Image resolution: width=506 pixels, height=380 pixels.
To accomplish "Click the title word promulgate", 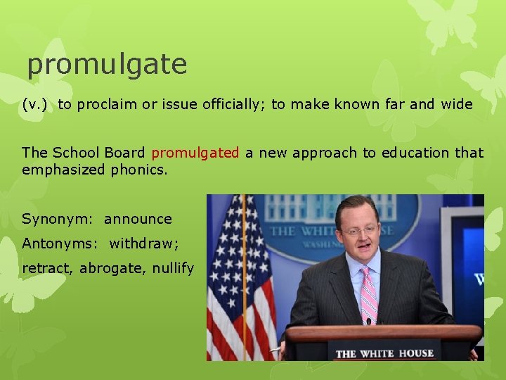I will click(x=107, y=65).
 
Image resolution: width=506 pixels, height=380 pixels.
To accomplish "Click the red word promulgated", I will click(x=195, y=153).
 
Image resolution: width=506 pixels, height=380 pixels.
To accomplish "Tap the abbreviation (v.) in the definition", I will click(x=34, y=105).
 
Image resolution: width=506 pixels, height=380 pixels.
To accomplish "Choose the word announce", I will click(x=138, y=219).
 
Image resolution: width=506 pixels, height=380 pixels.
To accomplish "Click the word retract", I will click(x=47, y=268).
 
